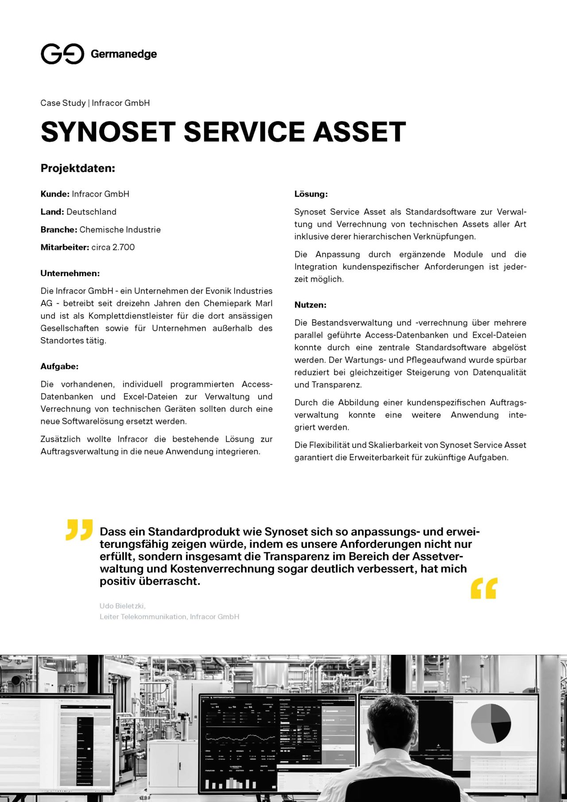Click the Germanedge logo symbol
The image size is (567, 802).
click(62, 54)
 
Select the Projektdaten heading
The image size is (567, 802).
click(78, 168)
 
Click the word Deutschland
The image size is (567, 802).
click(91, 212)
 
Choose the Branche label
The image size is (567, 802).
click(59, 230)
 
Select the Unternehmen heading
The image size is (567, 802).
click(70, 273)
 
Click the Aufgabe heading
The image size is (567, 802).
click(59, 366)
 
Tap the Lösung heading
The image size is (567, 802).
click(311, 194)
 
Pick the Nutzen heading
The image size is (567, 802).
click(310, 305)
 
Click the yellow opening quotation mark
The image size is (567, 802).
click(79, 529)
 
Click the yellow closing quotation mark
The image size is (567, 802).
click(484, 588)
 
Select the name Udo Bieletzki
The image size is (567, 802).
click(122, 606)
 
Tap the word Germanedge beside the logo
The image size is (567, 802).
click(124, 54)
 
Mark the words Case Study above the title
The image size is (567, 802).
click(63, 103)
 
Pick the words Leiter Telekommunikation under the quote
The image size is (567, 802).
click(143, 617)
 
